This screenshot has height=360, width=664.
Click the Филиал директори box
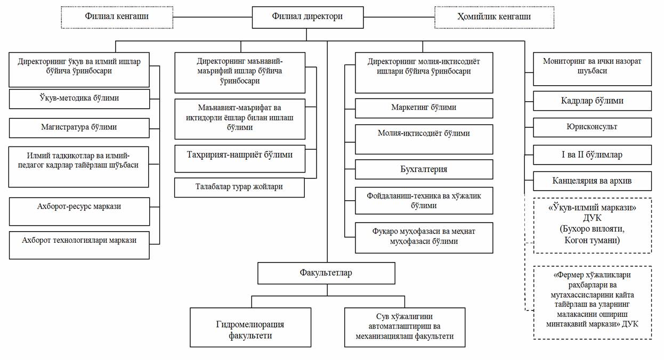[x=307, y=17]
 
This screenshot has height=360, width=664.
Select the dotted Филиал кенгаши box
[x=117, y=17]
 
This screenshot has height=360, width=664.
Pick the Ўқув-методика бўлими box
[x=79, y=99]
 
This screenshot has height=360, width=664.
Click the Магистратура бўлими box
[x=79, y=128]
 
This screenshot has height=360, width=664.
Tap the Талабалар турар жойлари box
[x=240, y=187]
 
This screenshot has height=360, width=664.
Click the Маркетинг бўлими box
[x=424, y=108]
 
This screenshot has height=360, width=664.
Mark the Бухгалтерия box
[x=424, y=169]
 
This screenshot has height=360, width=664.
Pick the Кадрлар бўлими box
[x=592, y=101]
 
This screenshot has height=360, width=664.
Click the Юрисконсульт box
[x=592, y=127]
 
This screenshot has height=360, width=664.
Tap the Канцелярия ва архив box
[x=592, y=181]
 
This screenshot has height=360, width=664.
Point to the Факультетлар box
[x=326, y=273]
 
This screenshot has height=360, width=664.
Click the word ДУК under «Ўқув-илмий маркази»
[x=592, y=218]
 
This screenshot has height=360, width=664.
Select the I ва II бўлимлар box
[x=592, y=154]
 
